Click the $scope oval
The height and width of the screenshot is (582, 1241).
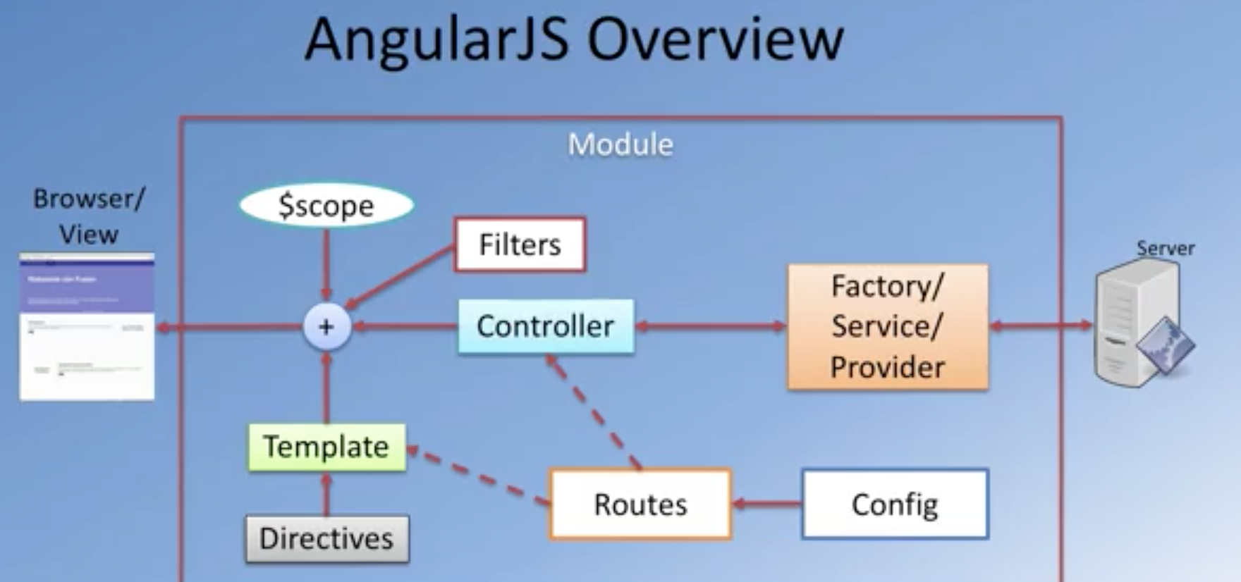[x=326, y=205]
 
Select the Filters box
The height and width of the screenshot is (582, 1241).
[x=520, y=244]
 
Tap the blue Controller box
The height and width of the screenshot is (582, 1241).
[x=546, y=326]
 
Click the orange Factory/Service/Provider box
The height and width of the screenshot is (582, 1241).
[x=888, y=327]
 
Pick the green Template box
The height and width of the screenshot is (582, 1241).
[x=326, y=447]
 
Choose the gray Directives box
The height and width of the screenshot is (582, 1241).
[x=326, y=539]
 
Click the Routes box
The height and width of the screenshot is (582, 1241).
[x=640, y=504]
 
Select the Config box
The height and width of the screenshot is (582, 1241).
[x=895, y=504]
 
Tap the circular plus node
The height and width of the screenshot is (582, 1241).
[x=326, y=327]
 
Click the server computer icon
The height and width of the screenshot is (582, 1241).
[x=1139, y=324]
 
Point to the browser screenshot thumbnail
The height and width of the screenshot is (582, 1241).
[x=87, y=327]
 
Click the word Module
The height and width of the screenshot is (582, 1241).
[x=620, y=144]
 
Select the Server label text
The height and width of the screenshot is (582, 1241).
[x=1165, y=248]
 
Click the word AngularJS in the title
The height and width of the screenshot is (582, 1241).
[x=436, y=39]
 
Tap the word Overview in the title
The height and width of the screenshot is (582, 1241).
[x=715, y=39]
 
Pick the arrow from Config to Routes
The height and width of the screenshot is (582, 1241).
[x=767, y=504]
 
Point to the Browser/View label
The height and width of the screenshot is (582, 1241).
[x=88, y=216]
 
